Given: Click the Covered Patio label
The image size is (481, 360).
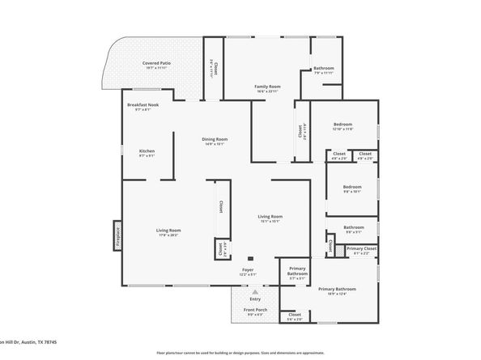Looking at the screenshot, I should (x=155, y=62).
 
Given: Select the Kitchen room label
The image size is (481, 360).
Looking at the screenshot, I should (x=147, y=151).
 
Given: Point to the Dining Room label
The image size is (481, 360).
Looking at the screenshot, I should (x=215, y=139).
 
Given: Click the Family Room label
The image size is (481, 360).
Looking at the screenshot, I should (x=267, y=86).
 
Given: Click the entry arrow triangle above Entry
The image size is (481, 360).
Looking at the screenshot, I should (x=255, y=292).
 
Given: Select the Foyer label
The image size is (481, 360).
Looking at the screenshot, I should (x=248, y=270).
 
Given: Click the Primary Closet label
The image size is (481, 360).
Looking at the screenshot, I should (x=365, y=248).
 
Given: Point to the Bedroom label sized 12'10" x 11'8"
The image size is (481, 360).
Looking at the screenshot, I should (x=343, y=125).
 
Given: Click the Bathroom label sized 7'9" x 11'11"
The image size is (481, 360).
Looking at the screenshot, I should (x=324, y=68).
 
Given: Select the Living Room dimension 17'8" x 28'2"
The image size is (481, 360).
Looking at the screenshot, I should (x=168, y=235).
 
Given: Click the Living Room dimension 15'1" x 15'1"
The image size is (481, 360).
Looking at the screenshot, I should (x=270, y=221).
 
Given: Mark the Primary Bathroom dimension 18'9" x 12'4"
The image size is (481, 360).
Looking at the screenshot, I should (x=337, y=294).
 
